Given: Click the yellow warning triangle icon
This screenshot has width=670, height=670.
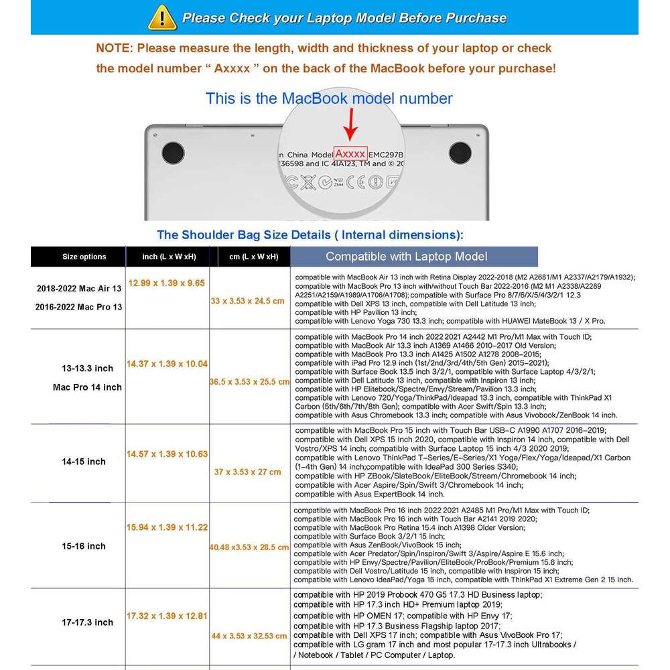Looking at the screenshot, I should point(163,17).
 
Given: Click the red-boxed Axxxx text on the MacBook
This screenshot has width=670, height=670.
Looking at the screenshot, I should point(351,153).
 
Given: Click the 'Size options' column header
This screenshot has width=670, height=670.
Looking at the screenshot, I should point(84,257).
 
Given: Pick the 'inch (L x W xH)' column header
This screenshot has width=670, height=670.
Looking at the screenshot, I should point(169,257).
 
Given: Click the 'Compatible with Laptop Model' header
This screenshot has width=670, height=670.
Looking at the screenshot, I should point(406,256).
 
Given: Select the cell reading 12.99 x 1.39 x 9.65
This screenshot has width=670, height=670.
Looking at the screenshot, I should point(167,283).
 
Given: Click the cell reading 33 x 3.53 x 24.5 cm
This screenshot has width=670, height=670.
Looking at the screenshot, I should point(248,301).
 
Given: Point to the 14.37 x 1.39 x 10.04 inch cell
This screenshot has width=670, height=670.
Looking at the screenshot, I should point(167,364).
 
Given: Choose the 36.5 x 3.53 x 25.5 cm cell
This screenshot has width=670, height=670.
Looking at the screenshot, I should point(249,382).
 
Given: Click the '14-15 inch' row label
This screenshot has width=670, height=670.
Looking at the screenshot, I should point(84,462).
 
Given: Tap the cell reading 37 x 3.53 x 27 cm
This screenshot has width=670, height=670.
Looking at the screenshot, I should point(248,472).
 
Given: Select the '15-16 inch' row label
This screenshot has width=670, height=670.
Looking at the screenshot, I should point(84,546).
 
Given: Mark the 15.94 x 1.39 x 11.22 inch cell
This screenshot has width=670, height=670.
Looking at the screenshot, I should point(167,528).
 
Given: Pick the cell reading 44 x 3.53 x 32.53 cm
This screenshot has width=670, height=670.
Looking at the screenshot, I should point(249,636).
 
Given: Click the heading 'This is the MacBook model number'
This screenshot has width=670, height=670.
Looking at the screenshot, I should point(329,98).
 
